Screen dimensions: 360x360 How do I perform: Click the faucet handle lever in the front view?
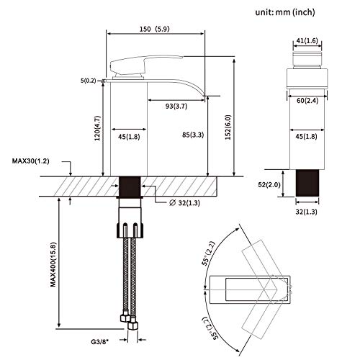[140, 63]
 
